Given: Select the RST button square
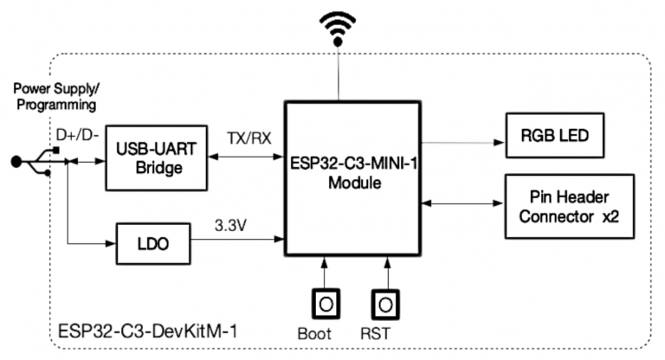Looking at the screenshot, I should pyautogui.click(x=385, y=304).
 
